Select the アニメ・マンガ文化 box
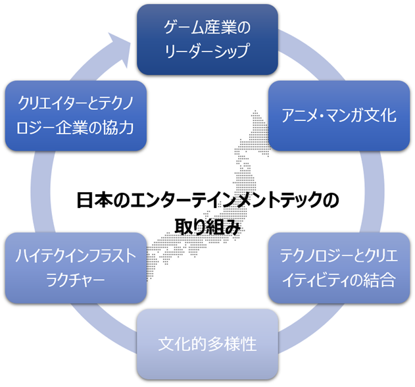point(339,116)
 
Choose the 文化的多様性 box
point(207,344)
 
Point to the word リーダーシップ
point(207,49)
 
